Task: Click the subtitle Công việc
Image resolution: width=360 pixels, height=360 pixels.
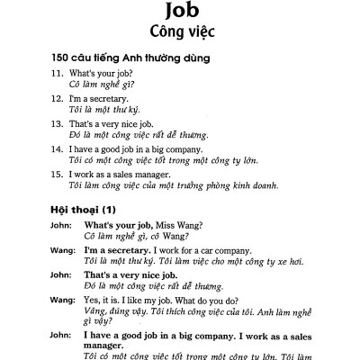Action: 180,39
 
